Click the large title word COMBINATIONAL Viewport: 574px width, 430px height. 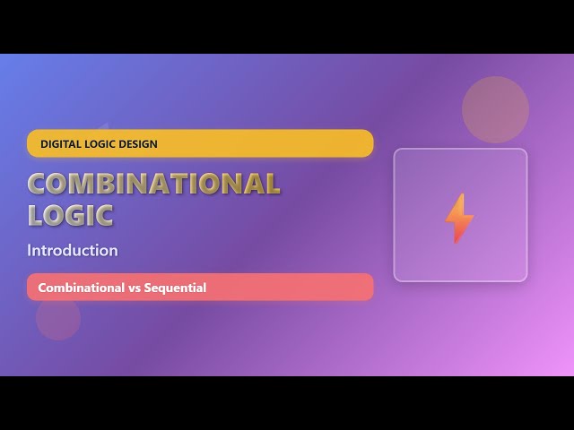coord(153,184)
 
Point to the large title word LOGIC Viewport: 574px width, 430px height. coord(70,215)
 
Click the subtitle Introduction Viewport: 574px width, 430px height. coord(72,250)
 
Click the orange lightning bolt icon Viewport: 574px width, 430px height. coord(459,218)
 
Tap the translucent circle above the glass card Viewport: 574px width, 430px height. coord(495,109)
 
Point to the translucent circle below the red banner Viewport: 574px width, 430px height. coord(58,318)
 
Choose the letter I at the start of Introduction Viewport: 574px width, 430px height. coord(30,250)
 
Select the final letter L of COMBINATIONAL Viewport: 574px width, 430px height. coord(271,184)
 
